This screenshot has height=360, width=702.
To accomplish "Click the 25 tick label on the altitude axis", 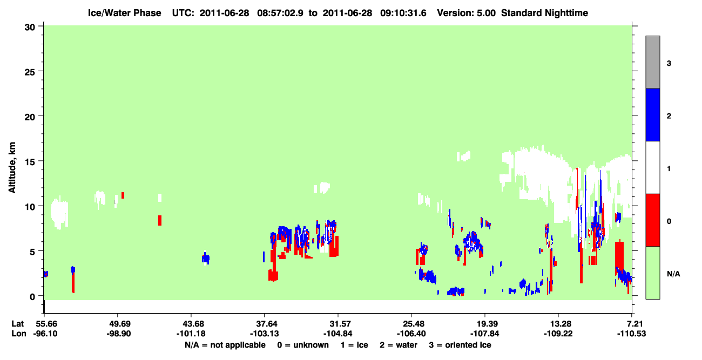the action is (30, 72).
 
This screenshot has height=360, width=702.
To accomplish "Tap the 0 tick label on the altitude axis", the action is (32, 297).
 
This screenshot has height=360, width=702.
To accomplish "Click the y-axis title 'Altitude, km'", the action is (12, 168).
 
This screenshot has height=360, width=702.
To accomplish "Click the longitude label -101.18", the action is (191, 334).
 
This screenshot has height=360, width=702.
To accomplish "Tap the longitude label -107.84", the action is (485, 334).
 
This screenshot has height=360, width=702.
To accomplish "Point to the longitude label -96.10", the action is (45, 334).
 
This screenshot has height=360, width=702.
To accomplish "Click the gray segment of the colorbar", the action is (653, 62).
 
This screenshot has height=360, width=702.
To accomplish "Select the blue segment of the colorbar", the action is (653, 114).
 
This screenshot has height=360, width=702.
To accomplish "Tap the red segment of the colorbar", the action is (653, 220).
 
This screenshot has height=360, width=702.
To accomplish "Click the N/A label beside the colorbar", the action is (673, 274).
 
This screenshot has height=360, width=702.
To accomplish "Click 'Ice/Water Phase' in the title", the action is (124, 13).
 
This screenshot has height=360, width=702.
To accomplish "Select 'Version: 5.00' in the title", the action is (467, 13).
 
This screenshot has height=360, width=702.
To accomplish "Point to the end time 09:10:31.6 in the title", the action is (403, 13).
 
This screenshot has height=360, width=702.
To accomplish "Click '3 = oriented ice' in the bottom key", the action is (460, 345).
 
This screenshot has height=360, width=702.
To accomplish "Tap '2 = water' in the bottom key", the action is (399, 345).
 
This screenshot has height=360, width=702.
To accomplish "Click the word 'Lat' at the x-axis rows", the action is (17, 324).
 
